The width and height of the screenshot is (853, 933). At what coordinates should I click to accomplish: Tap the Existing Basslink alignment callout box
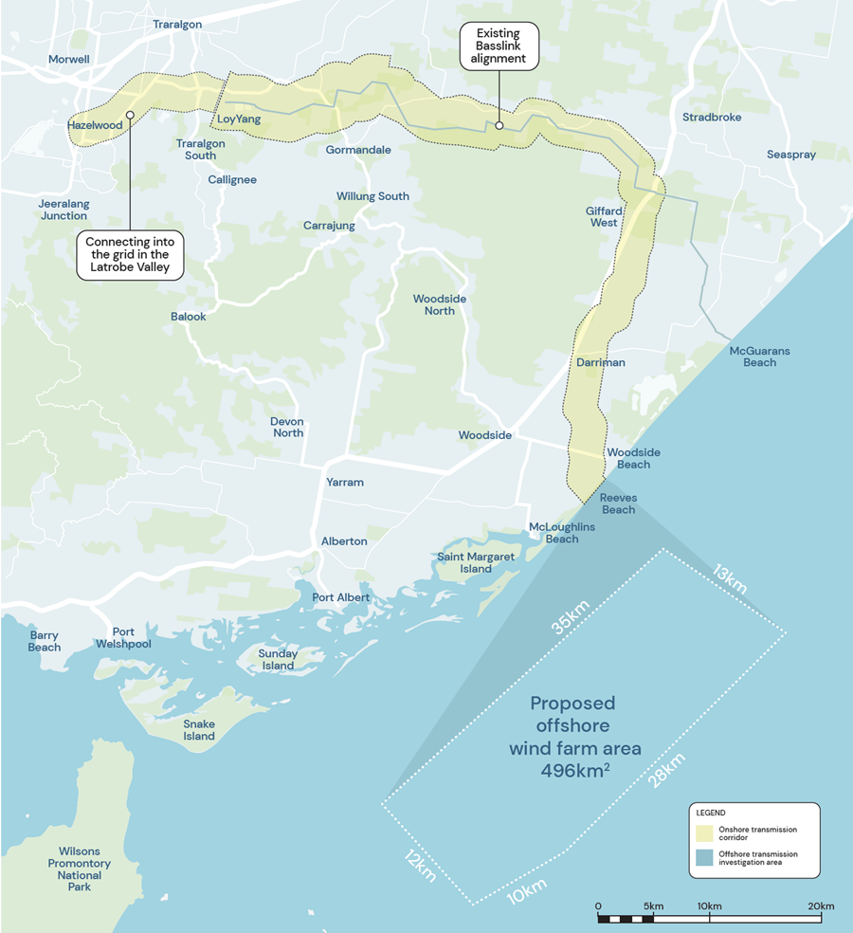pyautogui.click(x=499, y=46)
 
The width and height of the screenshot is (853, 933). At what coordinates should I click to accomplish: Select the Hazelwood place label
pyautogui.click(x=95, y=125)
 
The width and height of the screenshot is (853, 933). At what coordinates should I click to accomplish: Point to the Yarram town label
pyautogui.click(x=344, y=483)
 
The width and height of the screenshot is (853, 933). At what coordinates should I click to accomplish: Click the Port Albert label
pyautogui.click(x=341, y=597)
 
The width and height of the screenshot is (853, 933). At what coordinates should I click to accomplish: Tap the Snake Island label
pyautogui.click(x=199, y=730)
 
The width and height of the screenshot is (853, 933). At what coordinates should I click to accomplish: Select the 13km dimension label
pyautogui.click(x=731, y=577)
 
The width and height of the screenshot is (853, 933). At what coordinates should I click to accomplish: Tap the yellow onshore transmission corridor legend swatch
pyautogui.click(x=704, y=833)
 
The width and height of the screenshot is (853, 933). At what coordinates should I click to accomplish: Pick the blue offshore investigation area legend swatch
pyautogui.click(x=704, y=858)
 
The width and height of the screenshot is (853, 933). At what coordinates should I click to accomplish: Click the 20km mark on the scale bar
pyautogui.click(x=820, y=906)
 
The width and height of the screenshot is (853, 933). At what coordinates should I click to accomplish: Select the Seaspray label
pyautogui.click(x=790, y=155)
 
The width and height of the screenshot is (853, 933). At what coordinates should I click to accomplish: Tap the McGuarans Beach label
pyautogui.click(x=759, y=357)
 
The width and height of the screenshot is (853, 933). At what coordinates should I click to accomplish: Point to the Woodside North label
pyautogui.click(x=440, y=304)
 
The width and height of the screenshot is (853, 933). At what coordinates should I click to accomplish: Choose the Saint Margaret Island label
pyautogui.click(x=477, y=562)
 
